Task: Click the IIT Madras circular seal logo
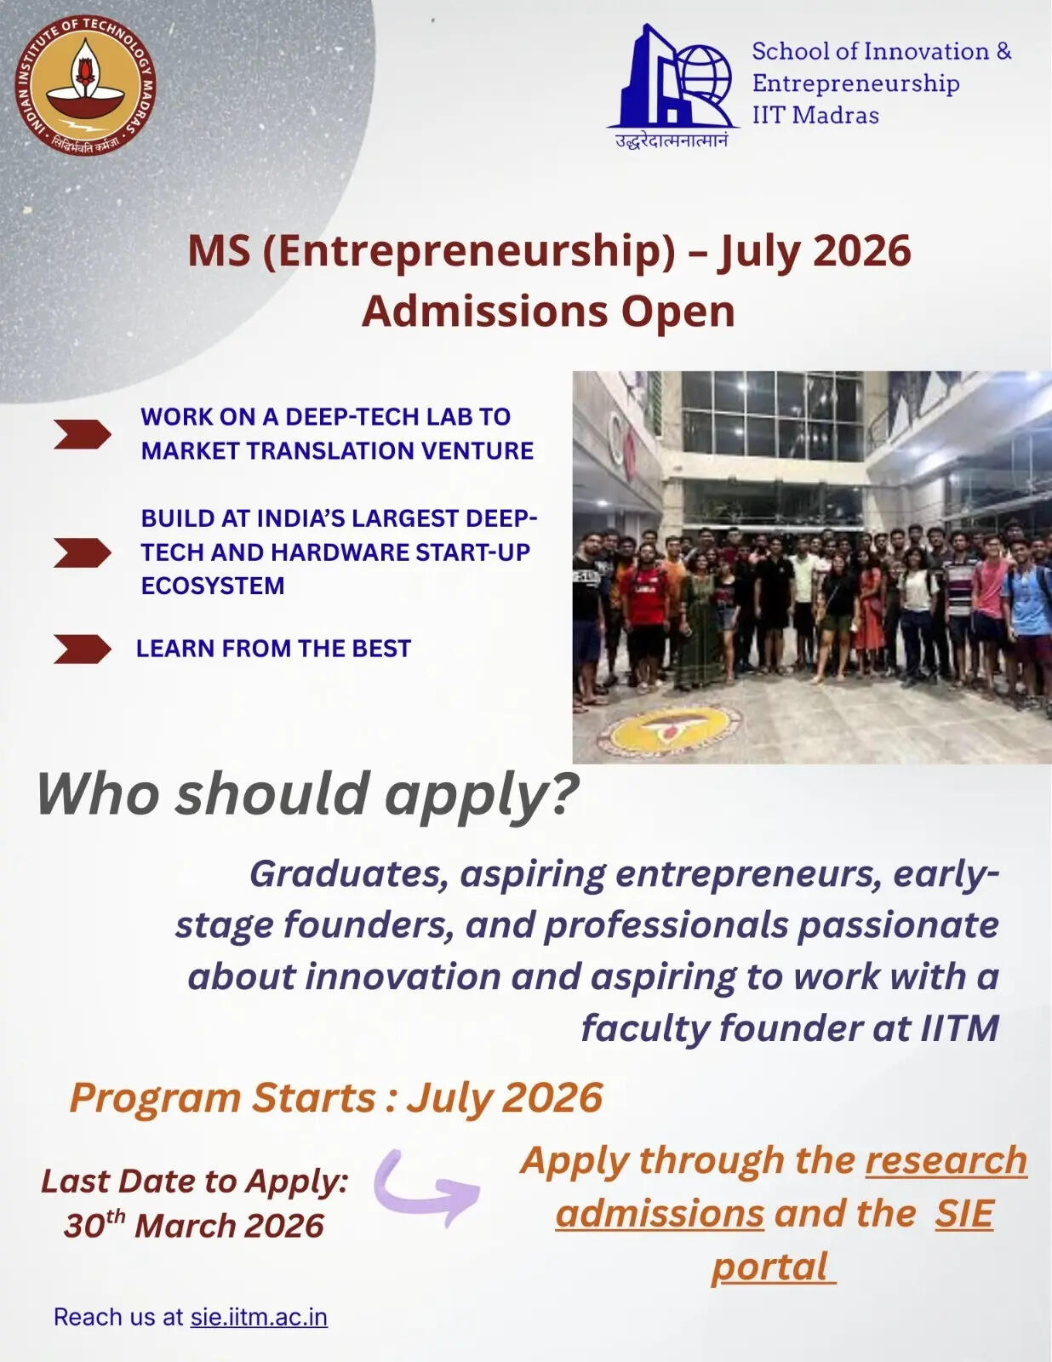point(85,85)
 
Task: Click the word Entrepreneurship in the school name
point(855,83)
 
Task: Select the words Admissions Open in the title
point(548,311)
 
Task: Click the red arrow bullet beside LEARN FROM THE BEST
point(82,649)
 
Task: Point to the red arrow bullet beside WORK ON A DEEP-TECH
point(82,433)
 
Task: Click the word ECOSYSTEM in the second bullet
point(213,586)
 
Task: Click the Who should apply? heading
point(307,794)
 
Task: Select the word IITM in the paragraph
point(959,1028)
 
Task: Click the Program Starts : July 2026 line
point(336,1097)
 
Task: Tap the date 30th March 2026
point(194,1226)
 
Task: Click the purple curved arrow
point(426,1187)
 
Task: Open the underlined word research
point(946,1161)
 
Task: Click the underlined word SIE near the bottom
point(963,1214)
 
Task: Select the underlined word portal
point(771,1267)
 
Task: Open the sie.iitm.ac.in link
point(259,1317)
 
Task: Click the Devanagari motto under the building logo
point(672,140)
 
